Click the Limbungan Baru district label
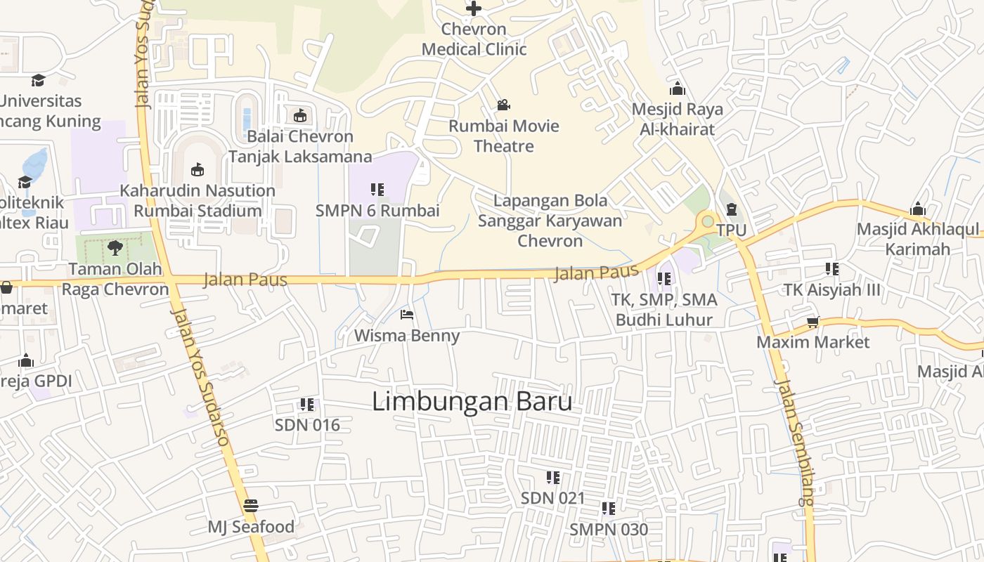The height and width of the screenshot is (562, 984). coord(472,402)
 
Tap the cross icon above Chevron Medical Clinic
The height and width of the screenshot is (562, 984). coord(474,8)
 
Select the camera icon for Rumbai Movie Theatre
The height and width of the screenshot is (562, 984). coord(503,105)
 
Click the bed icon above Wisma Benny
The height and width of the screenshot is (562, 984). coord(406,314)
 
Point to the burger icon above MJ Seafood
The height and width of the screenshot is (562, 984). coord(250,505)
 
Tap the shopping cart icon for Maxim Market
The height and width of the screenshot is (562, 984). coord(813,322)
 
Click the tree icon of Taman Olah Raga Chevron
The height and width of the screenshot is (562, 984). coord(115,247)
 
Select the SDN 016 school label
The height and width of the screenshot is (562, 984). coord(307,425)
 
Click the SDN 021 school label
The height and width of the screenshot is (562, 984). coord(552,498)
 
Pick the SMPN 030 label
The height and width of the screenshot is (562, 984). coord(609,529)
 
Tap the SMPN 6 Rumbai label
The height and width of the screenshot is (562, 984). coord(377,211)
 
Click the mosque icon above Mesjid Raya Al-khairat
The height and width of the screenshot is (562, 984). coord(678,89)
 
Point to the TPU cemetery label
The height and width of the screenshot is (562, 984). coord(731,230)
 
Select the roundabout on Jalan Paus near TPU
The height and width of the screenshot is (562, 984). coord(708,221)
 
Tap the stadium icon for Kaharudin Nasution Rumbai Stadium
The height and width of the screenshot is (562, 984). coord(198,169)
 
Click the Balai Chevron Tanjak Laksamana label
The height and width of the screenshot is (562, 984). coord(300,146)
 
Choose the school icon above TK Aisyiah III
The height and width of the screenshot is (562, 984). coord(832,269)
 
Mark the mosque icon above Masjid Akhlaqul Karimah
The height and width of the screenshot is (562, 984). coord(917,209)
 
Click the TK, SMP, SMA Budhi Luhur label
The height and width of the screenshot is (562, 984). coord(663,310)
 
